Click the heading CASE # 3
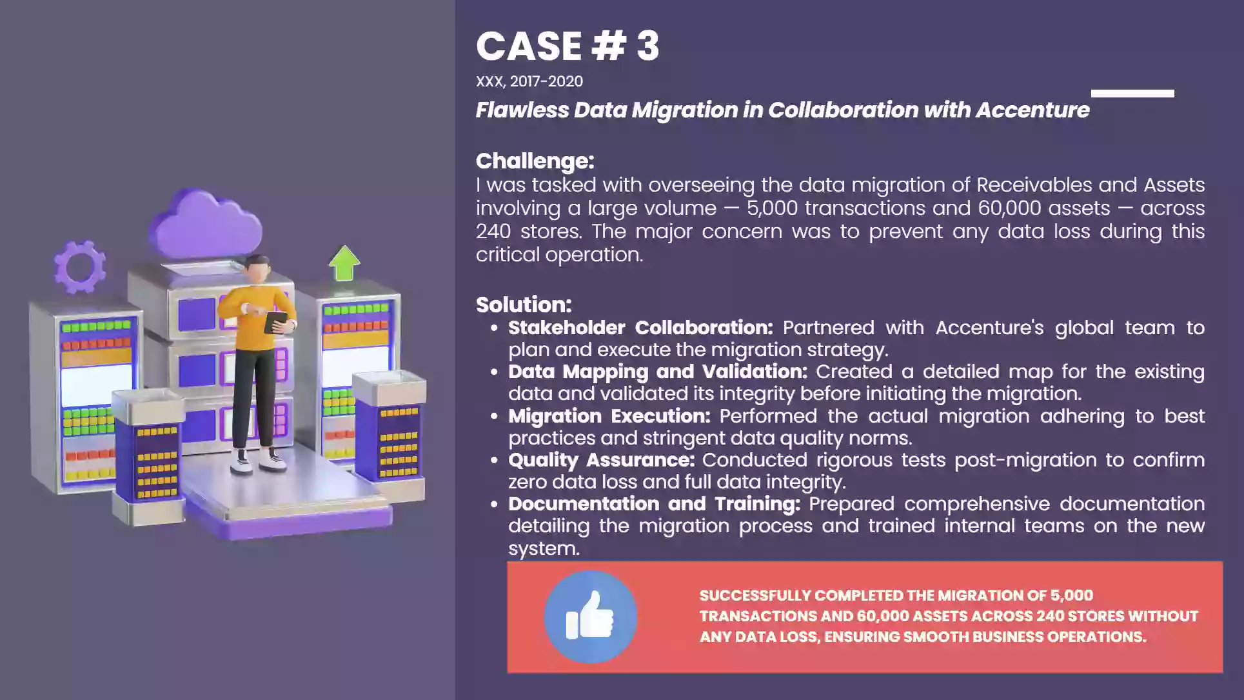coord(568,46)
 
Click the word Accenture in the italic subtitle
coord(1032,110)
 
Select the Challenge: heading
coord(535,161)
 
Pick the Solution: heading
coord(524,305)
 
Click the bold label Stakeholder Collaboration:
coord(640,328)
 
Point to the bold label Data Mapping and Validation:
coord(658,372)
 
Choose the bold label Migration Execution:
coord(609,416)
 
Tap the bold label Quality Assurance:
coord(601,460)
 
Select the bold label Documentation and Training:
coord(654,504)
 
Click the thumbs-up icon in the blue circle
coord(589,616)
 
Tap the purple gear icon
coord(79,266)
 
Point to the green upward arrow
coord(344,263)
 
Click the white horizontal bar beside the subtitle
coord(1132,94)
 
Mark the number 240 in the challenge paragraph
coord(493,232)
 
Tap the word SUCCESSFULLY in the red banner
coord(755,595)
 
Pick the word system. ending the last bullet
coord(544,549)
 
